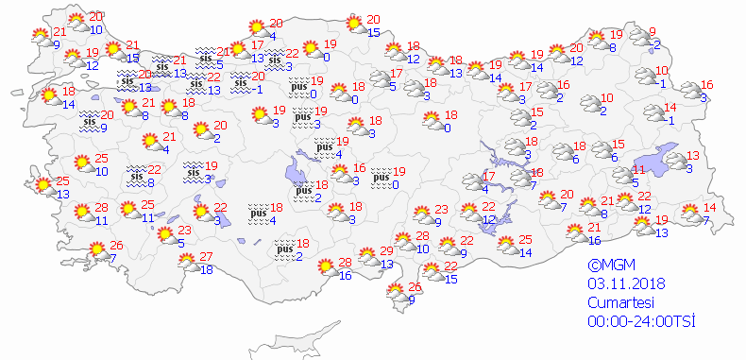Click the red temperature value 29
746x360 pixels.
(386, 251)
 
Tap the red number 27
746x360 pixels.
(206, 257)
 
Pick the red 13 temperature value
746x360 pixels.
(693, 156)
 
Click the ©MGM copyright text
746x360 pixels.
(608, 266)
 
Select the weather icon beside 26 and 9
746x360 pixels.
(396, 295)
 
